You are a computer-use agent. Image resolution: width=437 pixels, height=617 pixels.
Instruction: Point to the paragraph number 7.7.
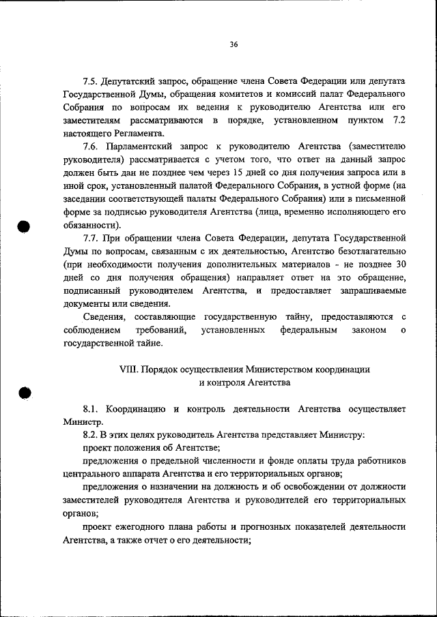coord(91,239)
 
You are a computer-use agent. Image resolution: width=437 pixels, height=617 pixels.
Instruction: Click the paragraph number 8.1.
coord(92,408)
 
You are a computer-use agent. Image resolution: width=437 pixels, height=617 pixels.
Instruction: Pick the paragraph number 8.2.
coord(92,434)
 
